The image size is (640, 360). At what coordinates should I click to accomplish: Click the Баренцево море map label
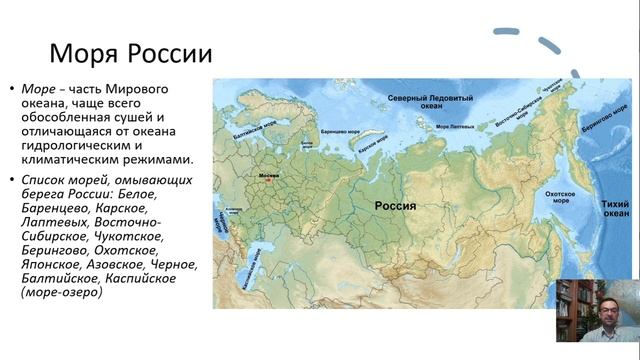(x=337, y=131)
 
